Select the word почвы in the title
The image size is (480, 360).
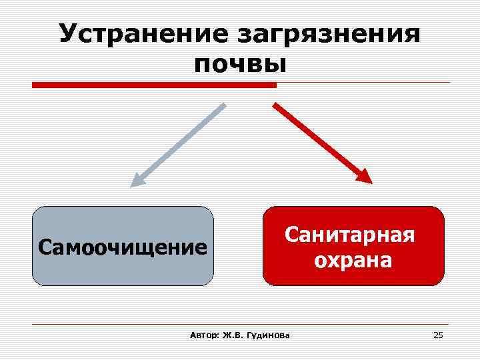(240, 65)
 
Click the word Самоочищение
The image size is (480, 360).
(123, 247)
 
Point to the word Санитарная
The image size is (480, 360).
(350, 234)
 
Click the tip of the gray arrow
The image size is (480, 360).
(133, 185)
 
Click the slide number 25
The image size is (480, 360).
(438, 335)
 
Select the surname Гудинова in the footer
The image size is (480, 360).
(267, 335)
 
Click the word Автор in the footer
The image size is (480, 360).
(202, 335)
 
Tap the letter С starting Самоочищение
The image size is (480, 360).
(45, 247)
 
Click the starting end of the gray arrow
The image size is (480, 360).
(225, 105)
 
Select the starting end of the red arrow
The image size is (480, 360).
(274, 104)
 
